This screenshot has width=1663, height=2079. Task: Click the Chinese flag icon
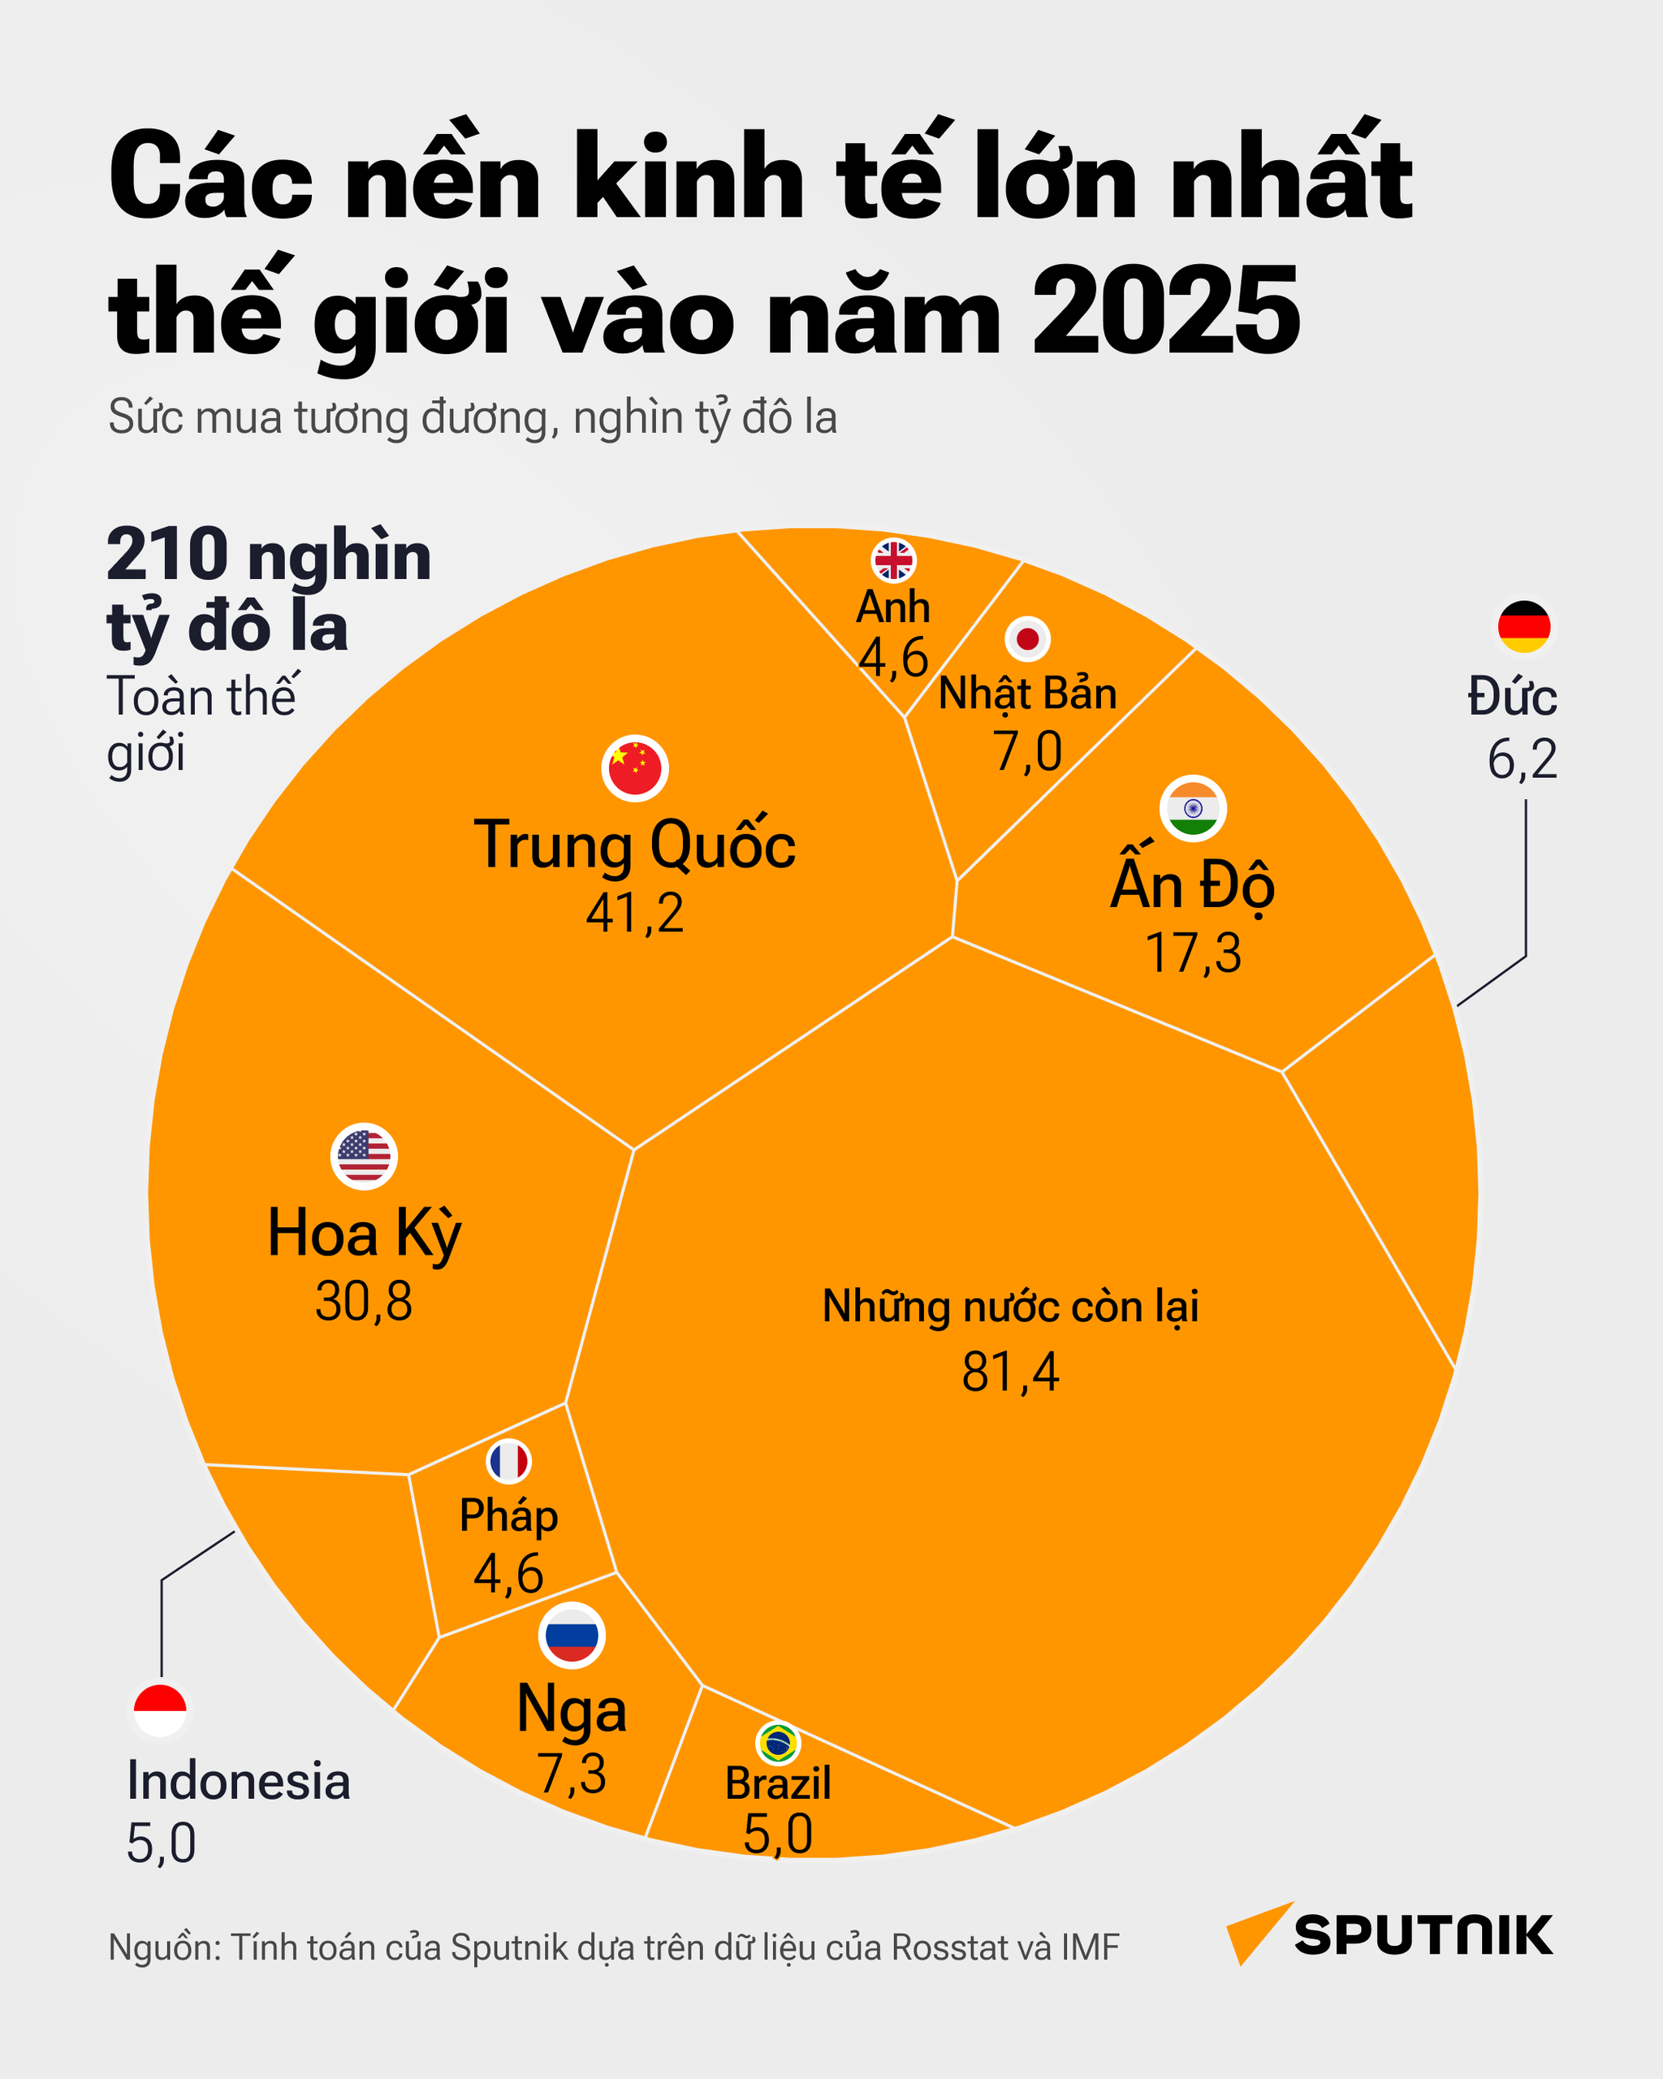pyautogui.click(x=635, y=768)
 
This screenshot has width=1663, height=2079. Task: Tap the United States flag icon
pyautogui.click(x=365, y=1156)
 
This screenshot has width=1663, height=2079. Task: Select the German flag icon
pyautogui.click(x=1524, y=627)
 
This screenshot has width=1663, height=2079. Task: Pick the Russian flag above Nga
pyautogui.click(x=572, y=1636)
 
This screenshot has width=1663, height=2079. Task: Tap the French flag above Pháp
pyautogui.click(x=508, y=1462)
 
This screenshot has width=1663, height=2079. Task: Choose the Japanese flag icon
pyautogui.click(x=1028, y=638)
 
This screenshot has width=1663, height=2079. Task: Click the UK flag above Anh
pyautogui.click(x=894, y=560)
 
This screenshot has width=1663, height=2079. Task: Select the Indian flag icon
pyautogui.click(x=1193, y=808)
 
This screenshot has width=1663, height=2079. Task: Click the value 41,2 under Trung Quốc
pyautogui.click(x=635, y=912)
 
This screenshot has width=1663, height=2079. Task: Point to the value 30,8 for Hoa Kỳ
pyautogui.click(x=365, y=1302)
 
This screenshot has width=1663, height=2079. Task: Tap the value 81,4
pyautogui.click(x=1010, y=1372)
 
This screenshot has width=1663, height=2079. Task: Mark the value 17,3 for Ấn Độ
pyautogui.click(x=1193, y=953)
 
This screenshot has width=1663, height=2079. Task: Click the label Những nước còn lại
pyautogui.click(x=1010, y=1307)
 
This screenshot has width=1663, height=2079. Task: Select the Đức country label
pyautogui.click(x=1512, y=697)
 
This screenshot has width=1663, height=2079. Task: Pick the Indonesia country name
pyautogui.click(x=239, y=1780)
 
